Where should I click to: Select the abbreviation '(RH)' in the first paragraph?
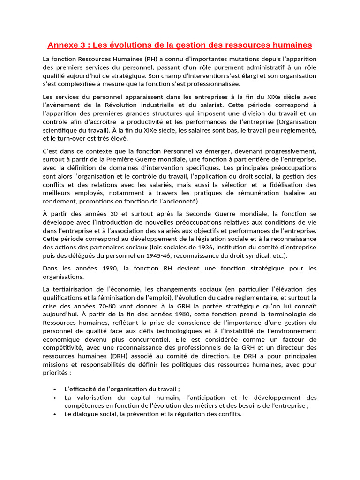(x=151, y=59)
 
